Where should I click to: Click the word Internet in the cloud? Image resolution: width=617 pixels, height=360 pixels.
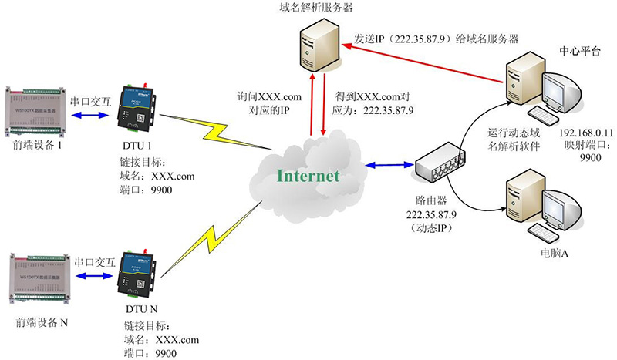click(308, 176)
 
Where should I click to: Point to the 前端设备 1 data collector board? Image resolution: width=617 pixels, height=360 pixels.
click(34, 104)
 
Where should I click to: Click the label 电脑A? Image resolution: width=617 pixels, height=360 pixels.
click(551, 252)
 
